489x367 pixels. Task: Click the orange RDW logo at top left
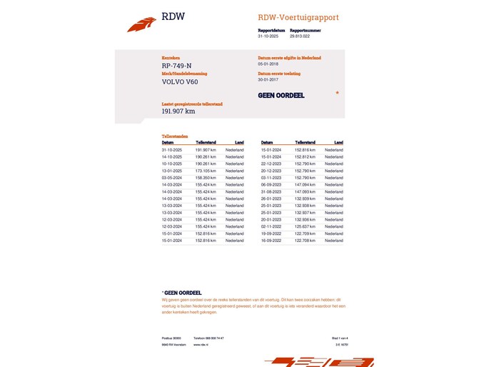pos(141,24)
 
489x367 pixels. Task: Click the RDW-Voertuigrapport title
pos(298,17)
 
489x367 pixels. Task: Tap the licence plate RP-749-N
pos(177,66)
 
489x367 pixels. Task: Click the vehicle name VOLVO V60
pos(180,81)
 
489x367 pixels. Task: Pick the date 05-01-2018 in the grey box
pos(269,64)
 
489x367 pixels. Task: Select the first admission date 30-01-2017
pos(269,79)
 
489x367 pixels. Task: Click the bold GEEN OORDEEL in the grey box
pos(281,95)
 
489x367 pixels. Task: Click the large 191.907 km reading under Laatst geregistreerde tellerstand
pos(178,111)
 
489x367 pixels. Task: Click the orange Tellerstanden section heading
pos(175,136)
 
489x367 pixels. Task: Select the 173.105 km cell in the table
pos(206,171)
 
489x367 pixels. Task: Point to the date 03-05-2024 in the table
pos(172,178)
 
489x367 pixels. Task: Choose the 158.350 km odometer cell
pos(206,178)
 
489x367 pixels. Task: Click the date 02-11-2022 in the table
pos(271,226)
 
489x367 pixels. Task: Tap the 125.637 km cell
pos(305,226)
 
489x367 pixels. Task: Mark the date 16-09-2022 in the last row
pos(271,241)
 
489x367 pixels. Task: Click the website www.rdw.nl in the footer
pos(200,345)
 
